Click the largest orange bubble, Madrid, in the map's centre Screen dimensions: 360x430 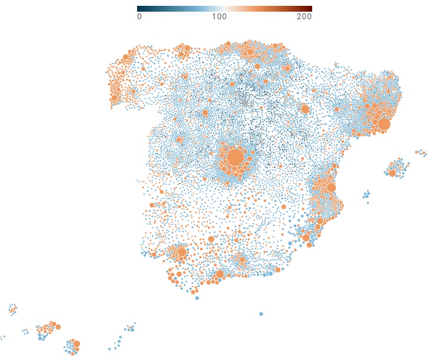[235, 158]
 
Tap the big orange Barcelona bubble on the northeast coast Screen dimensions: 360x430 [384, 124]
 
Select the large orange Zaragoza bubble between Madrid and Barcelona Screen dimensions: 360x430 [305, 109]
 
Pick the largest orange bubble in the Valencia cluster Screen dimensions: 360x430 [331, 187]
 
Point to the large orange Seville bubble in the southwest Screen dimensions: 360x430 [181, 252]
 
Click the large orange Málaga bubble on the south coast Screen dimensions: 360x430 [219, 274]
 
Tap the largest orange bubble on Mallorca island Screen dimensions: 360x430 [392, 173]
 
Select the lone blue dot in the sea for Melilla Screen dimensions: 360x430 [261, 314]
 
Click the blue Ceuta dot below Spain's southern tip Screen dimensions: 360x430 [197, 298]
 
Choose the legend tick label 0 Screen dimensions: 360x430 [139, 17]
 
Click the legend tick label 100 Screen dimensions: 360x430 [219, 17]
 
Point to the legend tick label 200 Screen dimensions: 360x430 [304, 17]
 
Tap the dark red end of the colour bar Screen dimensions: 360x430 [310, 9]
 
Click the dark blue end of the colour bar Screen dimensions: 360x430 [139, 9]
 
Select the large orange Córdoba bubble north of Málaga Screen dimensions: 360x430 [211, 239]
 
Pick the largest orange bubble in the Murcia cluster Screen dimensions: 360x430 [306, 237]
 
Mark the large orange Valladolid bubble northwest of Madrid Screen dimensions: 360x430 [205, 113]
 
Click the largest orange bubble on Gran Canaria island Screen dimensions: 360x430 [76, 344]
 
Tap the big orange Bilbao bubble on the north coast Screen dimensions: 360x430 [250, 52]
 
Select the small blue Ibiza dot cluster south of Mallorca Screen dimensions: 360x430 [366, 194]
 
